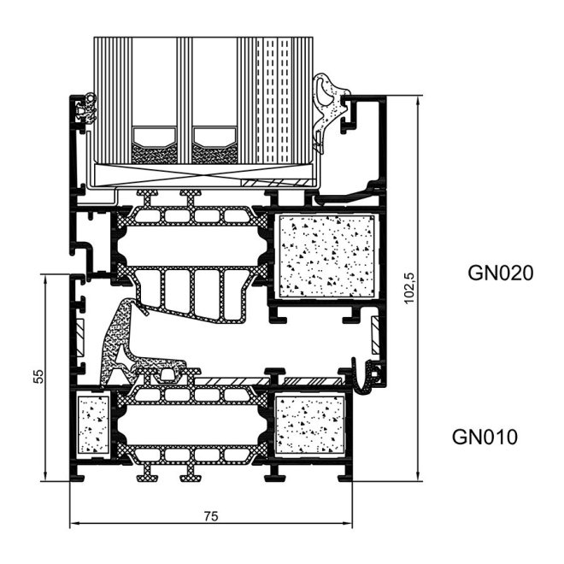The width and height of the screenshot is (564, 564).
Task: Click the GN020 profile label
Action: coord(500,273)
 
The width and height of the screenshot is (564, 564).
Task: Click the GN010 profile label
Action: coord(485,438)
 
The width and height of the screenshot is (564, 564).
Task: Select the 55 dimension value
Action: coord(37,377)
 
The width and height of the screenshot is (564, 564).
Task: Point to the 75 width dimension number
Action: coord(211,515)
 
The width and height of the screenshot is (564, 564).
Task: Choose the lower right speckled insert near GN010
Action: coord(309,426)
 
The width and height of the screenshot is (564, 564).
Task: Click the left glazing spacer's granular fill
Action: coord(156,153)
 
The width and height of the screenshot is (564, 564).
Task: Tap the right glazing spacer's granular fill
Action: coord(214,153)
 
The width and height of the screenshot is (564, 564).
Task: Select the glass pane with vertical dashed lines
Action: coord(273,98)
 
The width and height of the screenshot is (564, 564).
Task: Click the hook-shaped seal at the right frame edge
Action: coord(370,376)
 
